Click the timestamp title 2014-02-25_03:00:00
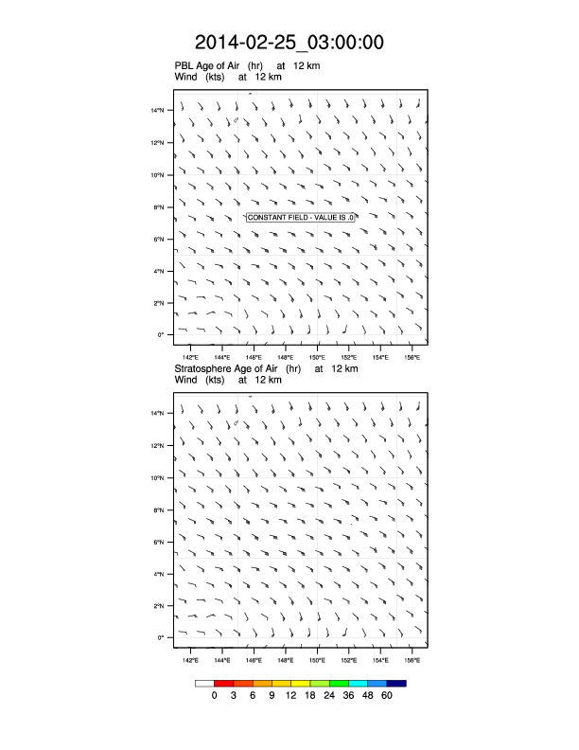click(289, 42)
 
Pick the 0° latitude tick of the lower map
click(161, 637)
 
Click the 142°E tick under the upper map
click(190, 357)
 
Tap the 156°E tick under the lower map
click(412, 659)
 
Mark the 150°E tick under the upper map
click(317, 357)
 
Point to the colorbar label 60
click(387, 696)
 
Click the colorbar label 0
click(215, 696)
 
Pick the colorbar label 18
click(310, 696)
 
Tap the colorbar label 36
click(349, 696)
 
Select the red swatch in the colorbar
click(224, 682)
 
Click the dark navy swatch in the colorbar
click(396, 682)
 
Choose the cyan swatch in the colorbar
click(359, 682)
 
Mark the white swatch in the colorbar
click(204, 682)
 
